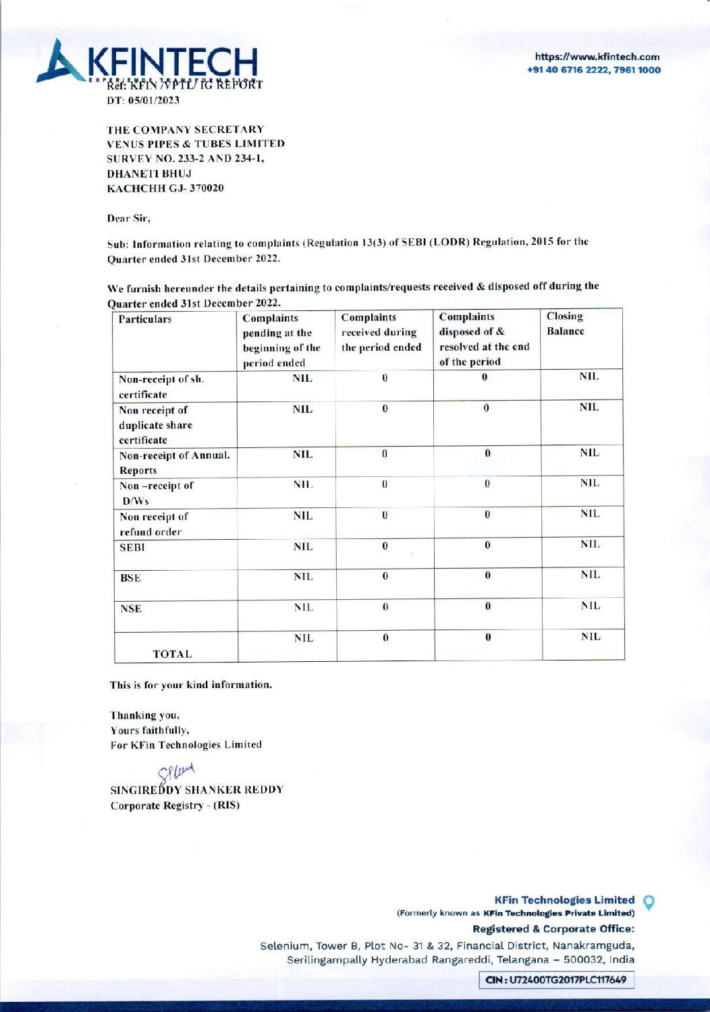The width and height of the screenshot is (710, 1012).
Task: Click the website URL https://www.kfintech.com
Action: click(x=597, y=57)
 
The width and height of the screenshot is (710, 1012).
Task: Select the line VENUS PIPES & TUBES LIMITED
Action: click(x=196, y=144)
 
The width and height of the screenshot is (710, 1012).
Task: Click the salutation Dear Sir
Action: click(x=129, y=219)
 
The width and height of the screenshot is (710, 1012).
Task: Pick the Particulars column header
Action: click(x=145, y=319)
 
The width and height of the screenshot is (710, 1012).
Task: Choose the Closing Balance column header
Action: click(x=566, y=324)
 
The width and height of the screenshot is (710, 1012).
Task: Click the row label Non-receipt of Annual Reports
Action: click(x=174, y=463)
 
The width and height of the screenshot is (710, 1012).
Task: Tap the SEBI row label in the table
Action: click(x=132, y=548)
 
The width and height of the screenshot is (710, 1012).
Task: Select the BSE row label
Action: click(x=130, y=578)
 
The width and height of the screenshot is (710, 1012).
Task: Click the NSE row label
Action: click(x=131, y=609)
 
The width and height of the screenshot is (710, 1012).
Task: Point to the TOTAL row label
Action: click(x=172, y=654)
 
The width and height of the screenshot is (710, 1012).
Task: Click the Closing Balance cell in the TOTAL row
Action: click(x=591, y=637)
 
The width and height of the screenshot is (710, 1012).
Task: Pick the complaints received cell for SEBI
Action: click(x=385, y=546)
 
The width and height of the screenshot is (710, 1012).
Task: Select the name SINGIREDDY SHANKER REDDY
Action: click(x=197, y=790)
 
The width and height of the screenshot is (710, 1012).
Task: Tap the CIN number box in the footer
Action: click(x=557, y=980)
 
